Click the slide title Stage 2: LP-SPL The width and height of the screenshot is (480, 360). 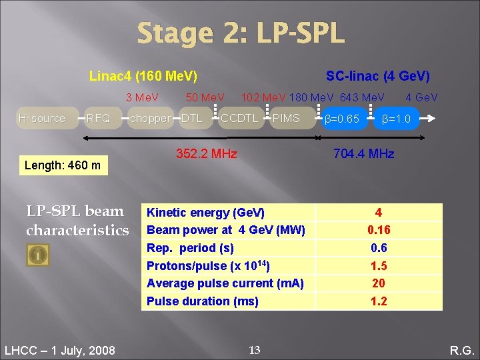(241, 33)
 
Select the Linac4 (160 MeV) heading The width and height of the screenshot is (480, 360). (143, 76)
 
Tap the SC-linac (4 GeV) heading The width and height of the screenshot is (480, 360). (377, 76)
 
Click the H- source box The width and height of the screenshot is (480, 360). (41, 118)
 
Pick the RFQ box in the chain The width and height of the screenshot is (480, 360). (98, 118)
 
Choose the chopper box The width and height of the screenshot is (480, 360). (150, 118)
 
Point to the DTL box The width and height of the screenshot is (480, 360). (191, 118)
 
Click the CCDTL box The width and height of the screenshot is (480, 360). (239, 118)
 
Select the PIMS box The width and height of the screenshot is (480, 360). (287, 118)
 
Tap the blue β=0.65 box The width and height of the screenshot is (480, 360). (341, 119)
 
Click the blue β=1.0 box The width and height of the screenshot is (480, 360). (396, 119)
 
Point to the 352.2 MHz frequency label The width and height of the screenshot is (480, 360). (206, 154)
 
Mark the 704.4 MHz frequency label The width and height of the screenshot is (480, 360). (364, 154)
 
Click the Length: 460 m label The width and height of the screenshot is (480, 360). (62, 165)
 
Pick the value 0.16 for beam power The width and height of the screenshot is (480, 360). (379, 230)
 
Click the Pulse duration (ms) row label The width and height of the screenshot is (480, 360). (202, 301)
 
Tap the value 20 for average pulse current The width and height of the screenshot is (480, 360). (379, 283)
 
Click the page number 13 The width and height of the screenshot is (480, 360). (254, 349)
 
